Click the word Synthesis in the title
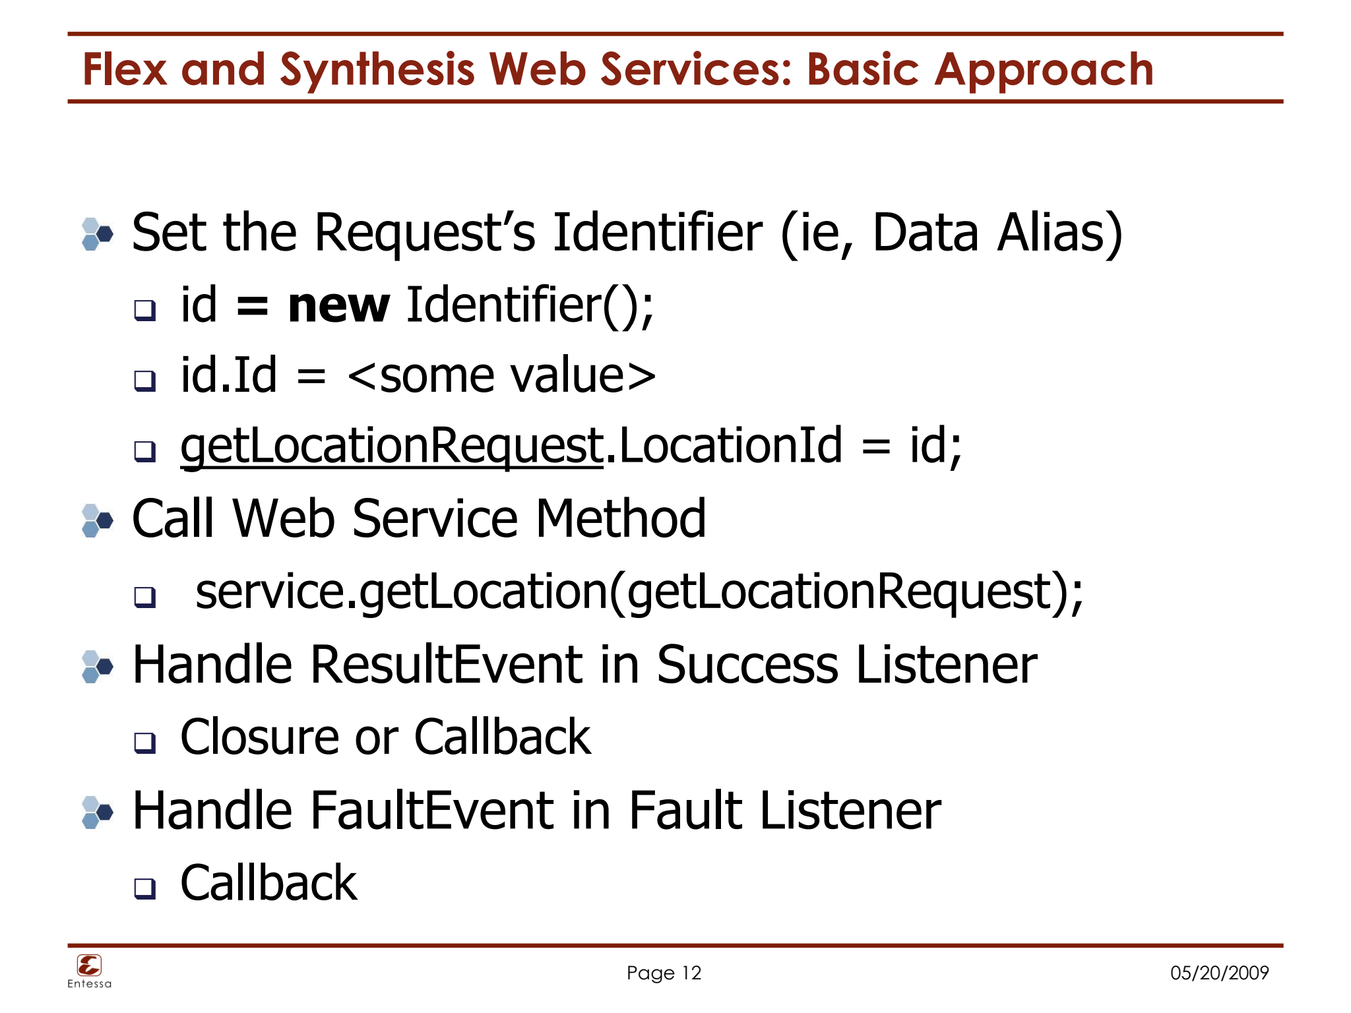coord(377,70)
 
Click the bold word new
coord(338,306)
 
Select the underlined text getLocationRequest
coord(392,446)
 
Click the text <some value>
coord(501,376)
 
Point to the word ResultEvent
coord(447,665)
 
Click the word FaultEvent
coord(432,811)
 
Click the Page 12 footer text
coord(664,973)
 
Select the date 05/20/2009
coord(1219,973)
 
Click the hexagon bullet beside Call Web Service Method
coord(98,521)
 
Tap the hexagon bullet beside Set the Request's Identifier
coord(98,234)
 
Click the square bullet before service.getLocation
coord(144,597)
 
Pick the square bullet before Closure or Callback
coord(144,743)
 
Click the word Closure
coord(259,737)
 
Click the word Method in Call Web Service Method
coord(620,520)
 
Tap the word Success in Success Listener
coord(747,665)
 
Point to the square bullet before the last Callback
coord(144,888)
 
